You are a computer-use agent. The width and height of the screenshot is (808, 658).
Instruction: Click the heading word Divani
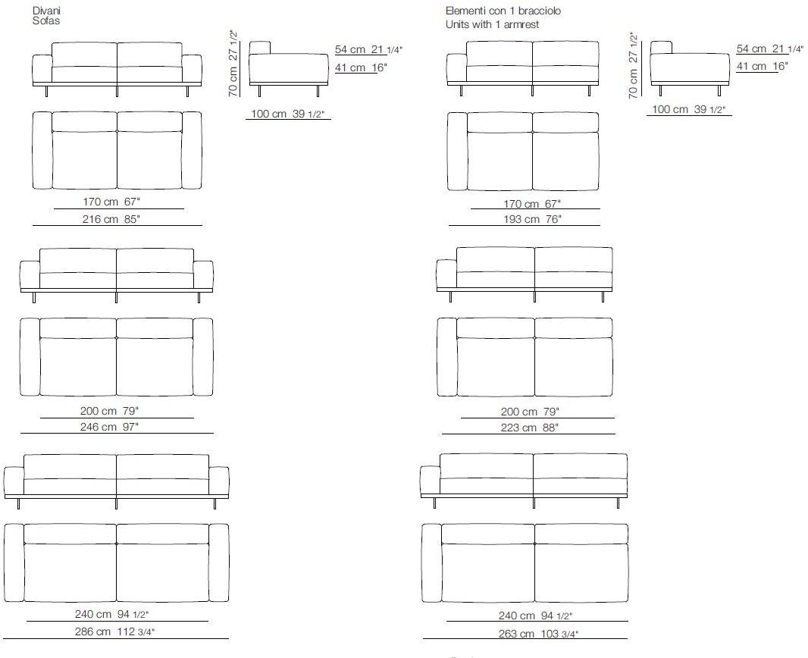(46, 11)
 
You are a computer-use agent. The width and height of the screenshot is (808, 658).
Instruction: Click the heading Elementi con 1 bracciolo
(503, 11)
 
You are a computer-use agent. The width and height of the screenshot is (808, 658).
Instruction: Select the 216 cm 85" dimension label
(111, 219)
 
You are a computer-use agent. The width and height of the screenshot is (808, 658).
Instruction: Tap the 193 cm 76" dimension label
(532, 219)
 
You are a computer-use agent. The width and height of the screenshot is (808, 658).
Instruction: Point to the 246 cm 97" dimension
(109, 427)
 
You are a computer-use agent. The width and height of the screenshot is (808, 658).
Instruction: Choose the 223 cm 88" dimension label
(530, 427)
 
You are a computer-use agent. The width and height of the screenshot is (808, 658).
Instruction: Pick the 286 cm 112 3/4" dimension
(114, 631)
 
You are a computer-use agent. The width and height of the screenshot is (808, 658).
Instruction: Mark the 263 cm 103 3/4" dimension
(538, 634)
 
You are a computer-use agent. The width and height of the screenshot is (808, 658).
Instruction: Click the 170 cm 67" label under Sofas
(111, 202)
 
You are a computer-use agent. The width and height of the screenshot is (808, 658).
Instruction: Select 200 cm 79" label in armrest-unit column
(530, 412)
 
